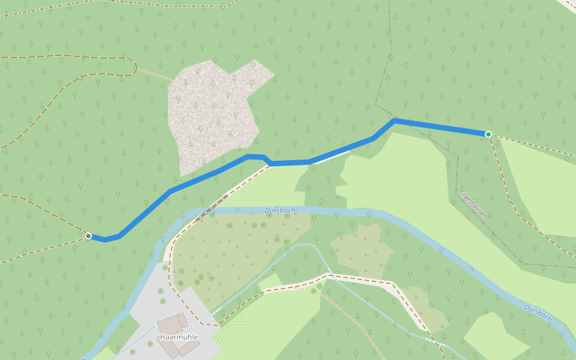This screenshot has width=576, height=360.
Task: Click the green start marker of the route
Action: (488, 134)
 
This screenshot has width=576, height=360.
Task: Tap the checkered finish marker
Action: (88, 236)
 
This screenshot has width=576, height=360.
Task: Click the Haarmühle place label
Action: (179, 337)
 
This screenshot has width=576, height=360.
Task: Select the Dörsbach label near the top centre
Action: (280, 211)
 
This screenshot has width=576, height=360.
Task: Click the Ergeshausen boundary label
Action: (473, 204)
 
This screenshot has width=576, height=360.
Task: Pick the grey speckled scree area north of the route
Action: (210, 114)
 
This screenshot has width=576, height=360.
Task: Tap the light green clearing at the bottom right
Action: (495, 336)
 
